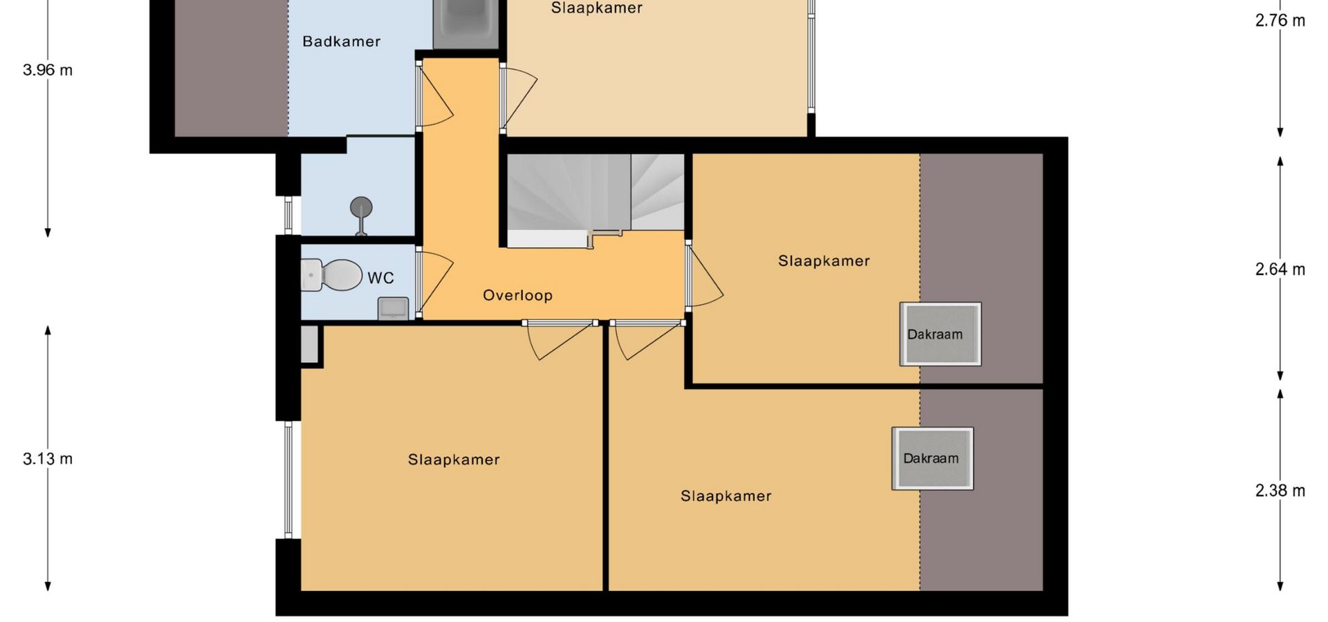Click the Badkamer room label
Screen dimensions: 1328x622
pyautogui.click(x=342, y=41)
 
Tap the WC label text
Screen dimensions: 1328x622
pyautogui.click(x=380, y=278)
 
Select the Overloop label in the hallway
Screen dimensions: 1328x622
pyautogui.click(x=517, y=295)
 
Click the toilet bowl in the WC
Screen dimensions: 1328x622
pyautogui.click(x=332, y=275)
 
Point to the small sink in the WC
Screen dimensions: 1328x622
pyautogui.click(x=394, y=308)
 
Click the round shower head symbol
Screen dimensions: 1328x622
pyautogui.click(x=361, y=207)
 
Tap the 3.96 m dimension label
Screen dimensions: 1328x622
pyautogui.click(x=48, y=70)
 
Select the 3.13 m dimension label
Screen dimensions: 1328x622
pyautogui.click(x=48, y=459)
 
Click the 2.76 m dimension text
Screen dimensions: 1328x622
pyautogui.click(x=1280, y=21)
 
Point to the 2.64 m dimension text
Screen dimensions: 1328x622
pyautogui.click(x=1280, y=270)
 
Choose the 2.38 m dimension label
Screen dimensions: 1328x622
pyautogui.click(x=1280, y=491)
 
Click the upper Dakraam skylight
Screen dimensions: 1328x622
pyautogui.click(x=941, y=334)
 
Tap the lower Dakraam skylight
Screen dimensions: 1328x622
pyautogui.click(x=932, y=458)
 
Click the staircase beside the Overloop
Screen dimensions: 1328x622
pyautogui.click(x=596, y=200)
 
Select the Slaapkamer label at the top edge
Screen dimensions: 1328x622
pyautogui.click(x=597, y=8)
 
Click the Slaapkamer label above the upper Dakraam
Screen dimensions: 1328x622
pyautogui.click(x=824, y=261)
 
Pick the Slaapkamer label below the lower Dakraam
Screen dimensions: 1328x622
pyautogui.click(x=726, y=496)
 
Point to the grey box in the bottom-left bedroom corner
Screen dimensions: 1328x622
pyautogui.click(x=309, y=343)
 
